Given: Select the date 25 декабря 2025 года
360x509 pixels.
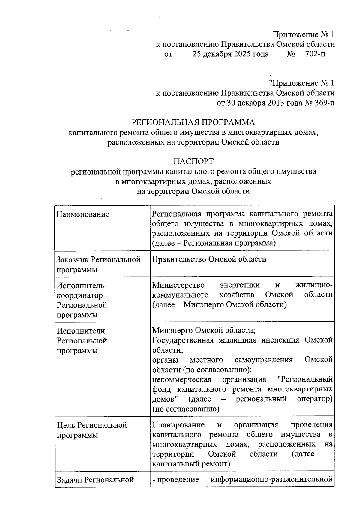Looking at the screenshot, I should click(231, 54).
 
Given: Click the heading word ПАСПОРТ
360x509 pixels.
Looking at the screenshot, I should click(193, 161).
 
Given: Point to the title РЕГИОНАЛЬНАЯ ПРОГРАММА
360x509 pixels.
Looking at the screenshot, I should click(193, 122).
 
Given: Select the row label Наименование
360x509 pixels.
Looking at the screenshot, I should click(83, 214).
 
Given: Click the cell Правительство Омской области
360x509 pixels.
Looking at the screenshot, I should click(209, 259).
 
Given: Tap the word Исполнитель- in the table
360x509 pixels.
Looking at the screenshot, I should click(82, 286).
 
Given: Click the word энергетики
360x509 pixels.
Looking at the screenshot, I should click(240, 285).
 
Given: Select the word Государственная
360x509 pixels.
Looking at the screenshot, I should click(183, 340).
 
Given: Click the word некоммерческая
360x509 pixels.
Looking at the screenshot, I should click(182, 379).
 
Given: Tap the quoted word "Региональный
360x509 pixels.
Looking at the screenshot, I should click(305, 379).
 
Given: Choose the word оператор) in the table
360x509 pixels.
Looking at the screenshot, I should click(315, 399).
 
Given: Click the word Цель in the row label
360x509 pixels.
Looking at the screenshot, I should click(66, 425).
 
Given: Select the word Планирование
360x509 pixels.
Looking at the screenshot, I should click(178, 425).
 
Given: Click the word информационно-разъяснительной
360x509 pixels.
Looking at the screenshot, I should click(272, 480).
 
